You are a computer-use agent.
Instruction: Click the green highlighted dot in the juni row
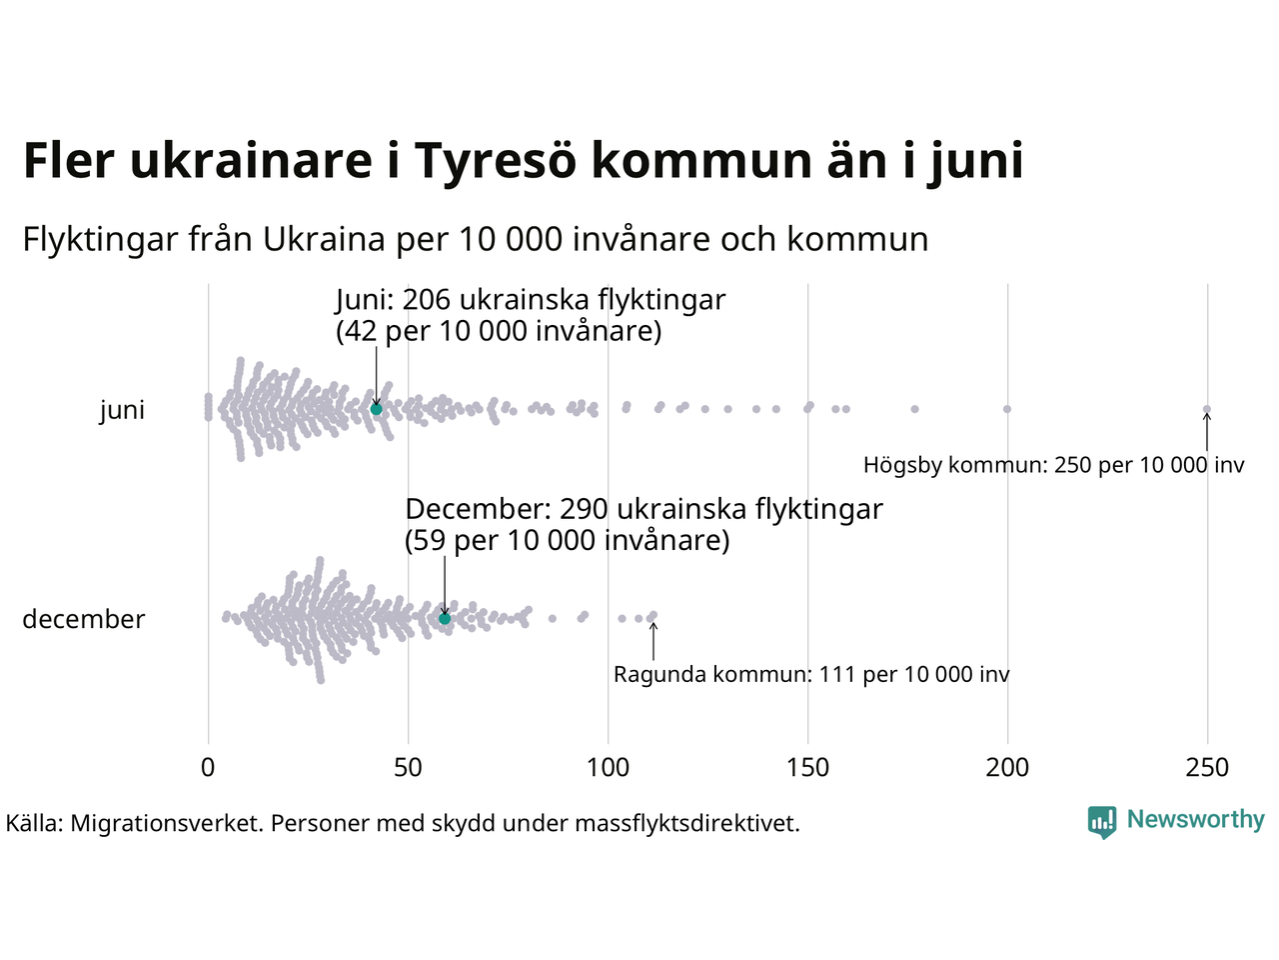[x=377, y=409]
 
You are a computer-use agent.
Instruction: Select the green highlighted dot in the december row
[x=445, y=619]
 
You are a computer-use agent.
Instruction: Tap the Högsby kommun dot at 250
[x=1207, y=409]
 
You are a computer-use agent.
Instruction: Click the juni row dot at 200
[x=1007, y=409]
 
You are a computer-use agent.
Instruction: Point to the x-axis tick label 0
[x=208, y=768]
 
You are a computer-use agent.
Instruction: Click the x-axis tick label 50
[x=408, y=768]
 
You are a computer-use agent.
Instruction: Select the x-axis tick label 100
[x=608, y=768]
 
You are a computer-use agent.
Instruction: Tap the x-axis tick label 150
[x=807, y=768]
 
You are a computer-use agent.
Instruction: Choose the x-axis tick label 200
[x=1007, y=768]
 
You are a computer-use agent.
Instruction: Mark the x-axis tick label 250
[x=1207, y=768]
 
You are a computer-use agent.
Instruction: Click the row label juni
[x=122, y=410]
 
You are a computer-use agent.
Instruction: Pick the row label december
[x=84, y=619]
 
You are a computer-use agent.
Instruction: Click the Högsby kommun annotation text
[x=1053, y=465]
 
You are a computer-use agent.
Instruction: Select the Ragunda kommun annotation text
[x=811, y=675]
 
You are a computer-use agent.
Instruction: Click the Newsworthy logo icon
[x=1101, y=821]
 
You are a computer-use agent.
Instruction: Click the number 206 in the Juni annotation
[x=429, y=300]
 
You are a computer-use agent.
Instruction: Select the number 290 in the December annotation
[x=584, y=509]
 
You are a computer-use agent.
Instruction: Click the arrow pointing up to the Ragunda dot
[x=653, y=640]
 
